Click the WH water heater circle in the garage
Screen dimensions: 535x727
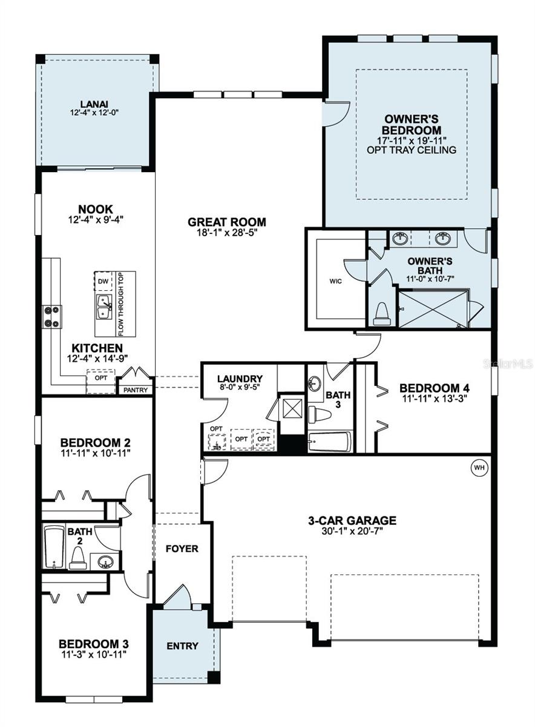479,468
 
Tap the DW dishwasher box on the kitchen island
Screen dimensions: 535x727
103,281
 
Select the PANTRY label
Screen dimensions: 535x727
136,390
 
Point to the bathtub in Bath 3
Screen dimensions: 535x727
330,442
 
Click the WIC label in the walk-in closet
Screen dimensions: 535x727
335,281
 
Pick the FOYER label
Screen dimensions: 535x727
182,548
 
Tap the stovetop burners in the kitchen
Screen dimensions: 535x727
52,316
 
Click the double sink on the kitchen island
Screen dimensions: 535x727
103,307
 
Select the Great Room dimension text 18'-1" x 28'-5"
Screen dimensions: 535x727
226,233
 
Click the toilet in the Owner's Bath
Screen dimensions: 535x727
382,314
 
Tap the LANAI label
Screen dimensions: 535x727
94,104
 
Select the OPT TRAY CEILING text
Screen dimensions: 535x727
412,150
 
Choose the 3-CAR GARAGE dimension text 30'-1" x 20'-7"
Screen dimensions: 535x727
352,531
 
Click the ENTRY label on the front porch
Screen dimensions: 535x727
182,646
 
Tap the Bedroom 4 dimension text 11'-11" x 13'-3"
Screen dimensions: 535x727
435,399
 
